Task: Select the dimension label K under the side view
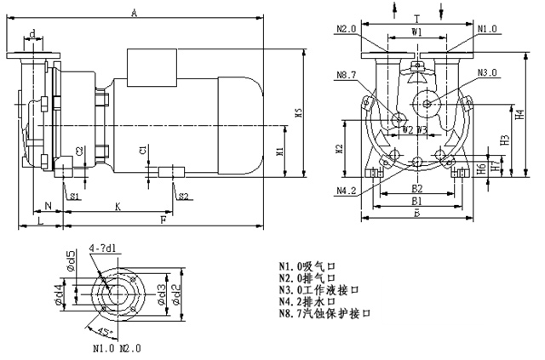pos(118,208)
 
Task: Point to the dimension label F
pos(163,220)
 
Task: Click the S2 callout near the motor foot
pos(182,197)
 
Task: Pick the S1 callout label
pos(75,197)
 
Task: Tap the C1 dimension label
pos(143,150)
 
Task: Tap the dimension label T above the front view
pos(415,17)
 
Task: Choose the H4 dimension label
pos(519,114)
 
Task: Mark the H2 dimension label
pos(338,148)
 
